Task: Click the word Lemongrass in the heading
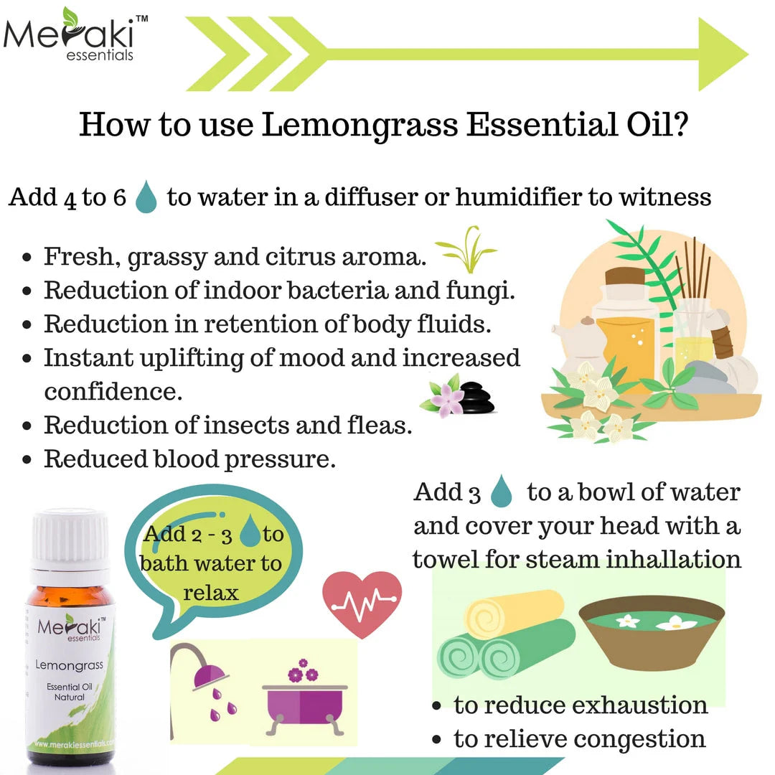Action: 360,125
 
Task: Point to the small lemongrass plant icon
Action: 465,250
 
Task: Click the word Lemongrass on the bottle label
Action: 69,665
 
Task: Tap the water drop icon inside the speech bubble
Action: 249,532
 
